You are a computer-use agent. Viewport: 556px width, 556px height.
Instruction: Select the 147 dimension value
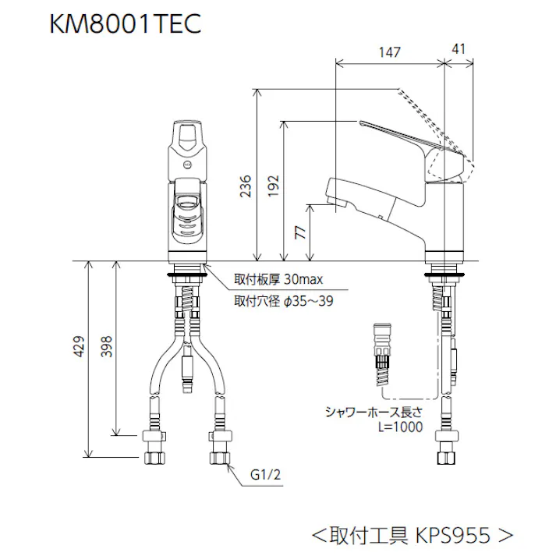pos(389,52)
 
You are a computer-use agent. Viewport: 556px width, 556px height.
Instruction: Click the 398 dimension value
pos(106,347)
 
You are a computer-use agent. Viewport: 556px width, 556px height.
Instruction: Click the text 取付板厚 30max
pos(273,280)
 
